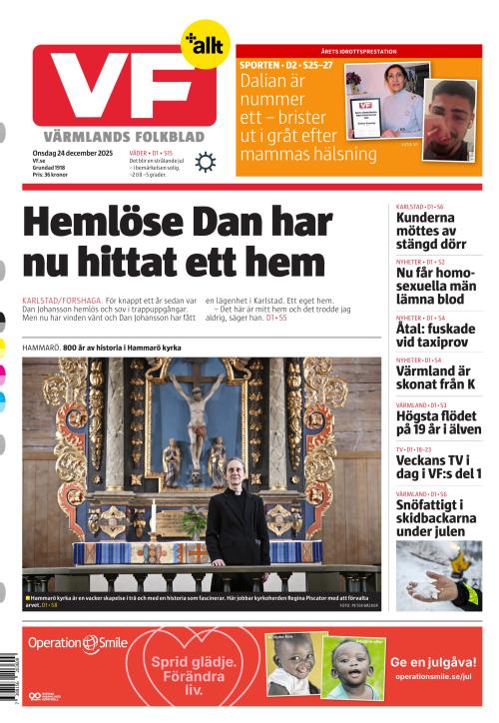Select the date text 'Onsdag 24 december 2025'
(x=73, y=152)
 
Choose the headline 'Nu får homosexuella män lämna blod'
(x=436, y=285)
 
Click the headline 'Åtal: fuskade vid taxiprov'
(x=435, y=335)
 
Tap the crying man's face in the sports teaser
(x=451, y=117)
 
